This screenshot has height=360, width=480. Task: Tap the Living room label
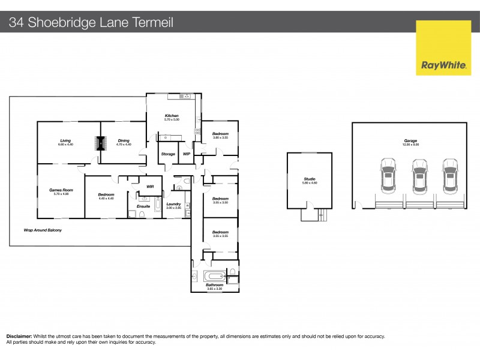(x=65, y=142)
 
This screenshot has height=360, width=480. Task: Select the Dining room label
(x=123, y=142)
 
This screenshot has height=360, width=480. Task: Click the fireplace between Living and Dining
(x=100, y=144)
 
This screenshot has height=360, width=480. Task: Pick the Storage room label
(x=168, y=154)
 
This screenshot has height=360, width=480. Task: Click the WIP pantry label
(x=186, y=154)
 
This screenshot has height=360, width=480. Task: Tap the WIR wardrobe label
(x=151, y=187)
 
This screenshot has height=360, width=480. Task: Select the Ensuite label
(x=143, y=206)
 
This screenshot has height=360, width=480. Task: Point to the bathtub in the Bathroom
(x=215, y=277)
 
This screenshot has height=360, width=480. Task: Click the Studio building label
(x=310, y=179)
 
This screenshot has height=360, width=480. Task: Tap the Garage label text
(x=410, y=142)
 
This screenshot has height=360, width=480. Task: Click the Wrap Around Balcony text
(x=43, y=230)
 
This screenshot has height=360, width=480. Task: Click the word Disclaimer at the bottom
(x=19, y=337)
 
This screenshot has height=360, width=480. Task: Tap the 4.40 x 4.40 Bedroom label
(x=106, y=196)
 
